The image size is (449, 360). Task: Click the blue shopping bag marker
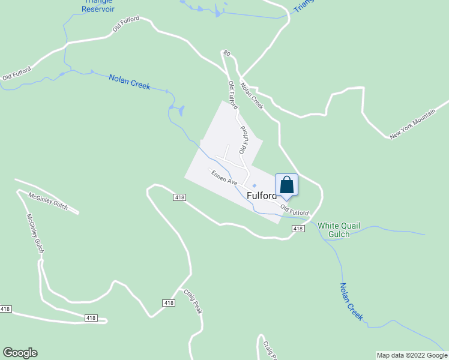click(286, 185)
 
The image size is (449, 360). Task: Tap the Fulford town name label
click(262, 196)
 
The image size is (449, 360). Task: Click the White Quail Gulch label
click(339, 229)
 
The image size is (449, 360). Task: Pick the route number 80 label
click(226, 54)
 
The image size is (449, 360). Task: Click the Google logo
click(20, 353)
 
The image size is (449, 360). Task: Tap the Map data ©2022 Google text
click(412, 355)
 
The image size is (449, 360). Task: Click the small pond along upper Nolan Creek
click(177, 110)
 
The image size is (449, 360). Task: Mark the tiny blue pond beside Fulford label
click(253, 185)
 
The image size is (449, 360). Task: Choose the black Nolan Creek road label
click(252, 95)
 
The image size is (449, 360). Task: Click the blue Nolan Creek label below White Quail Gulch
click(351, 301)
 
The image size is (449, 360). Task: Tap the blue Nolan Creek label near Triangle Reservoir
click(129, 81)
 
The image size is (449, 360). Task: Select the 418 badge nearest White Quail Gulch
click(298, 229)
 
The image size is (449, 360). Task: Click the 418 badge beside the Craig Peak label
click(169, 303)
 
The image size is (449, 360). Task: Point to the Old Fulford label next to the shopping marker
click(294, 210)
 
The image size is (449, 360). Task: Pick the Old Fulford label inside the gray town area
click(244, 139)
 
